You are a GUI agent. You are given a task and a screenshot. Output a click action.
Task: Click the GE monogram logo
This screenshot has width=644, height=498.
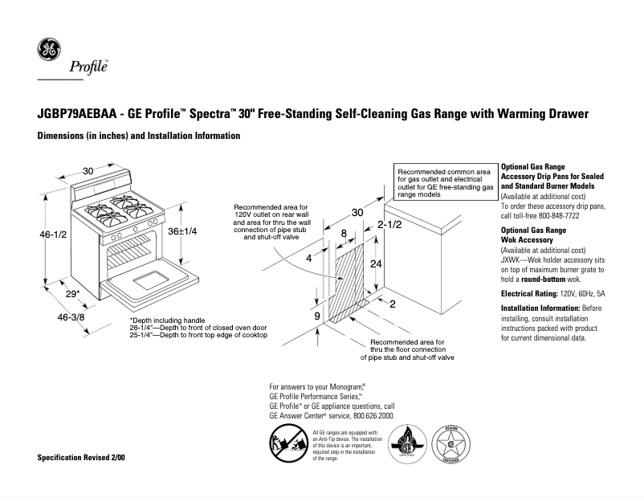pos(50,51)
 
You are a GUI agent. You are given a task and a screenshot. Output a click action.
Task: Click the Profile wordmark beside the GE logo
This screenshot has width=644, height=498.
pos(89,67)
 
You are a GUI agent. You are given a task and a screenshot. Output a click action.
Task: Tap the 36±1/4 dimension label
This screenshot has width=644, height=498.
pos(181,230)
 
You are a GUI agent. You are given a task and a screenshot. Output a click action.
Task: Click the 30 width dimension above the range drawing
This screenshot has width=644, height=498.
pos(88,170)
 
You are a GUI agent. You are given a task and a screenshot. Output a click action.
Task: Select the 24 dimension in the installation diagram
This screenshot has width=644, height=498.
pos(374,263)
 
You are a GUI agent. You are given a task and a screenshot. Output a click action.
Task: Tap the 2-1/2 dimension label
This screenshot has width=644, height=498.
pos(389,224)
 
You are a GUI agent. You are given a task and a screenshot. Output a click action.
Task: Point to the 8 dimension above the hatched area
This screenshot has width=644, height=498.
pos(344,234)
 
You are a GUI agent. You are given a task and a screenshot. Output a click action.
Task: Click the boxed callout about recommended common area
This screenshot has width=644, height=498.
pos(446,183)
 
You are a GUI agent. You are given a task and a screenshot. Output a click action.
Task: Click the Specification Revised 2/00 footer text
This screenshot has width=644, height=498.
pos(81,456)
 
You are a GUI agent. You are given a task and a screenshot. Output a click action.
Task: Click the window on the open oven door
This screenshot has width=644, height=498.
pos(149,281)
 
